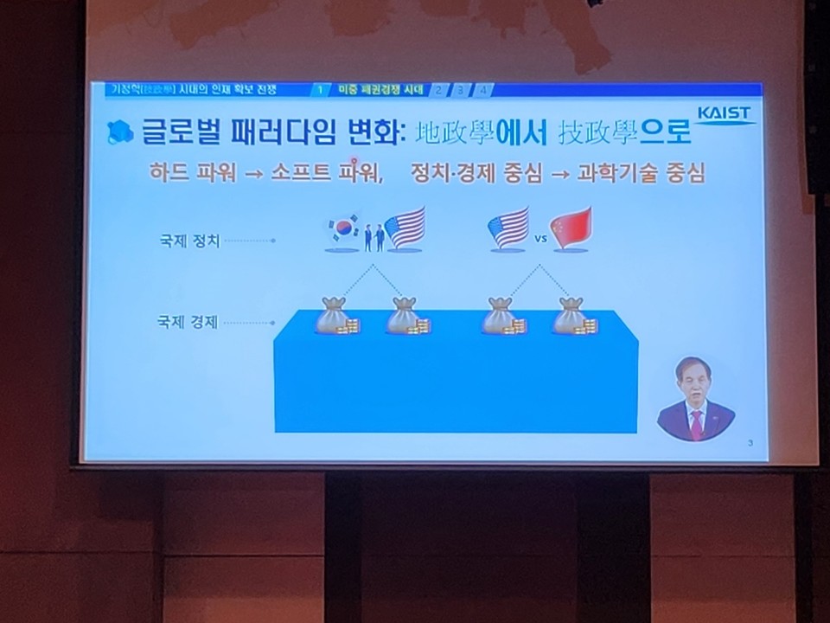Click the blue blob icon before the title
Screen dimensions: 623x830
pyautogui.click(x=119, y=132)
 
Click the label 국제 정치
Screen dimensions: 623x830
pyautogui.click(x=188, y=241)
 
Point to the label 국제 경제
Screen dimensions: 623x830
pyautogui.click(x=188, y=322)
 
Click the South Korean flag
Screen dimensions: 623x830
pyautogui.click(x=342, y=228)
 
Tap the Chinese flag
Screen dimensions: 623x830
pyautogui.click(x=571, y=228)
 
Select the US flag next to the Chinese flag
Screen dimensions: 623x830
pyautogui.click(x=508, y=228)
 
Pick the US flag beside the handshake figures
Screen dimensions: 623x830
pyautogui.click(x=405, y=228)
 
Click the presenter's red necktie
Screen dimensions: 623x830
pyautogui.click(x=696, y=425)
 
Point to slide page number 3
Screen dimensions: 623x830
pyautogui.click(x=750, y=443)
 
